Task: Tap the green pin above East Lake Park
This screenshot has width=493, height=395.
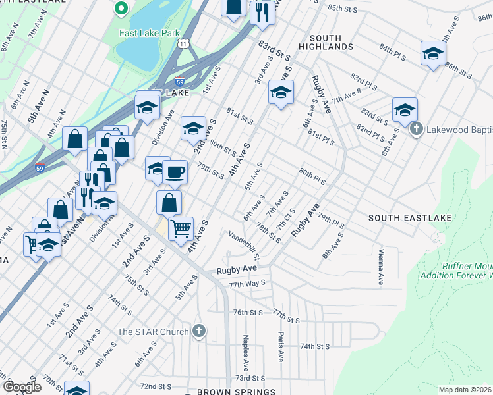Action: click(120, 9)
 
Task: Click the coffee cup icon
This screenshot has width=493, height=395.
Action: click(175, 172)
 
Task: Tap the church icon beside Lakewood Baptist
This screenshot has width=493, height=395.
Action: click(416, 129)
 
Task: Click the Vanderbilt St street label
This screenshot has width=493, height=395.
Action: click(245, 244)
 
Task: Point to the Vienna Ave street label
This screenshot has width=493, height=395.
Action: click(380, 267)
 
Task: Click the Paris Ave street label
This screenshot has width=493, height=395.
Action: click(280, 346)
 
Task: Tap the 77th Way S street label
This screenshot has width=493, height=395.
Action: click(246, 282)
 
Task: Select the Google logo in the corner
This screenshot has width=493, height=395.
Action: click(21, 386)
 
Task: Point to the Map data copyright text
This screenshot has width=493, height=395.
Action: click(465, 390)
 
